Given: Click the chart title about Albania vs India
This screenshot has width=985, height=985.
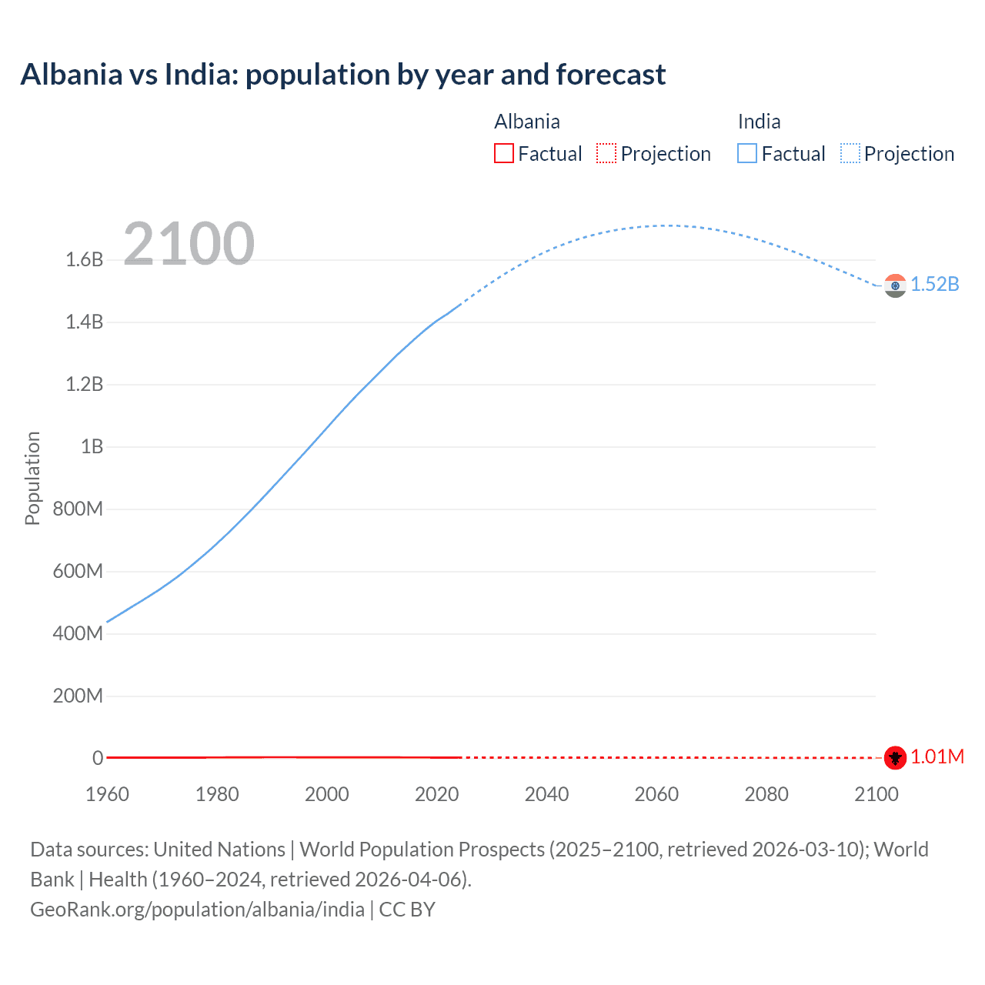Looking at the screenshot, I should (343, 75).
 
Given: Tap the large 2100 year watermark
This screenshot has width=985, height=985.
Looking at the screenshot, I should (189, 243).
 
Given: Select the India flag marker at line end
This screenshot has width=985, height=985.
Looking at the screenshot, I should (895, 285).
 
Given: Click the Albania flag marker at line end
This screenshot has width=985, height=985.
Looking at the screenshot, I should (895, 757).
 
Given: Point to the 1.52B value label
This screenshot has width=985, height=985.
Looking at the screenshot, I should (935, 285).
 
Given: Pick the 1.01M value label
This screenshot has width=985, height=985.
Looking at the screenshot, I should (937, 757).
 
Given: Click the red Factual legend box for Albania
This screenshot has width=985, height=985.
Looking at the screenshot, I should (504, 154).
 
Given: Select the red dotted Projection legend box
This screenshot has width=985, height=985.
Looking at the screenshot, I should (606, 154).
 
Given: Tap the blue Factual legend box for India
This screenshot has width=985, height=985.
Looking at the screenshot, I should (747, 154).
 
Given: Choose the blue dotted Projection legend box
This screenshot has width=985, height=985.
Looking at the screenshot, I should (850, 154).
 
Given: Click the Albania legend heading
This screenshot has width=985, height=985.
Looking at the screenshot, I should (527, 122).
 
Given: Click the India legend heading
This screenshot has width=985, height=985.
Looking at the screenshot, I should (759, 122).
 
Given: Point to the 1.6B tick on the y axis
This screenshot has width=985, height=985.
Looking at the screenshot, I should (85, 260).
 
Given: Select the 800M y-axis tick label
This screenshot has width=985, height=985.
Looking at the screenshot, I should (78, 509).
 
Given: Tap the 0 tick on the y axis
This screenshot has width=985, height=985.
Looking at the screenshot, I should (98, 759).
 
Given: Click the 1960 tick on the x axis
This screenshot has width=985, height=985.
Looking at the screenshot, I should (107, 794).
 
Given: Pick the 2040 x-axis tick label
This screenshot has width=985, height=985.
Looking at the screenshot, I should (546, 794).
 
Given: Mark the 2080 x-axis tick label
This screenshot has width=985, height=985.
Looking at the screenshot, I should (766, 794).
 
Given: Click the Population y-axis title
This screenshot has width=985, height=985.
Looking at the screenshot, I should (32, 478).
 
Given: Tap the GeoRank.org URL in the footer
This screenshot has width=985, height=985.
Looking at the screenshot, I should (197, 910).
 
